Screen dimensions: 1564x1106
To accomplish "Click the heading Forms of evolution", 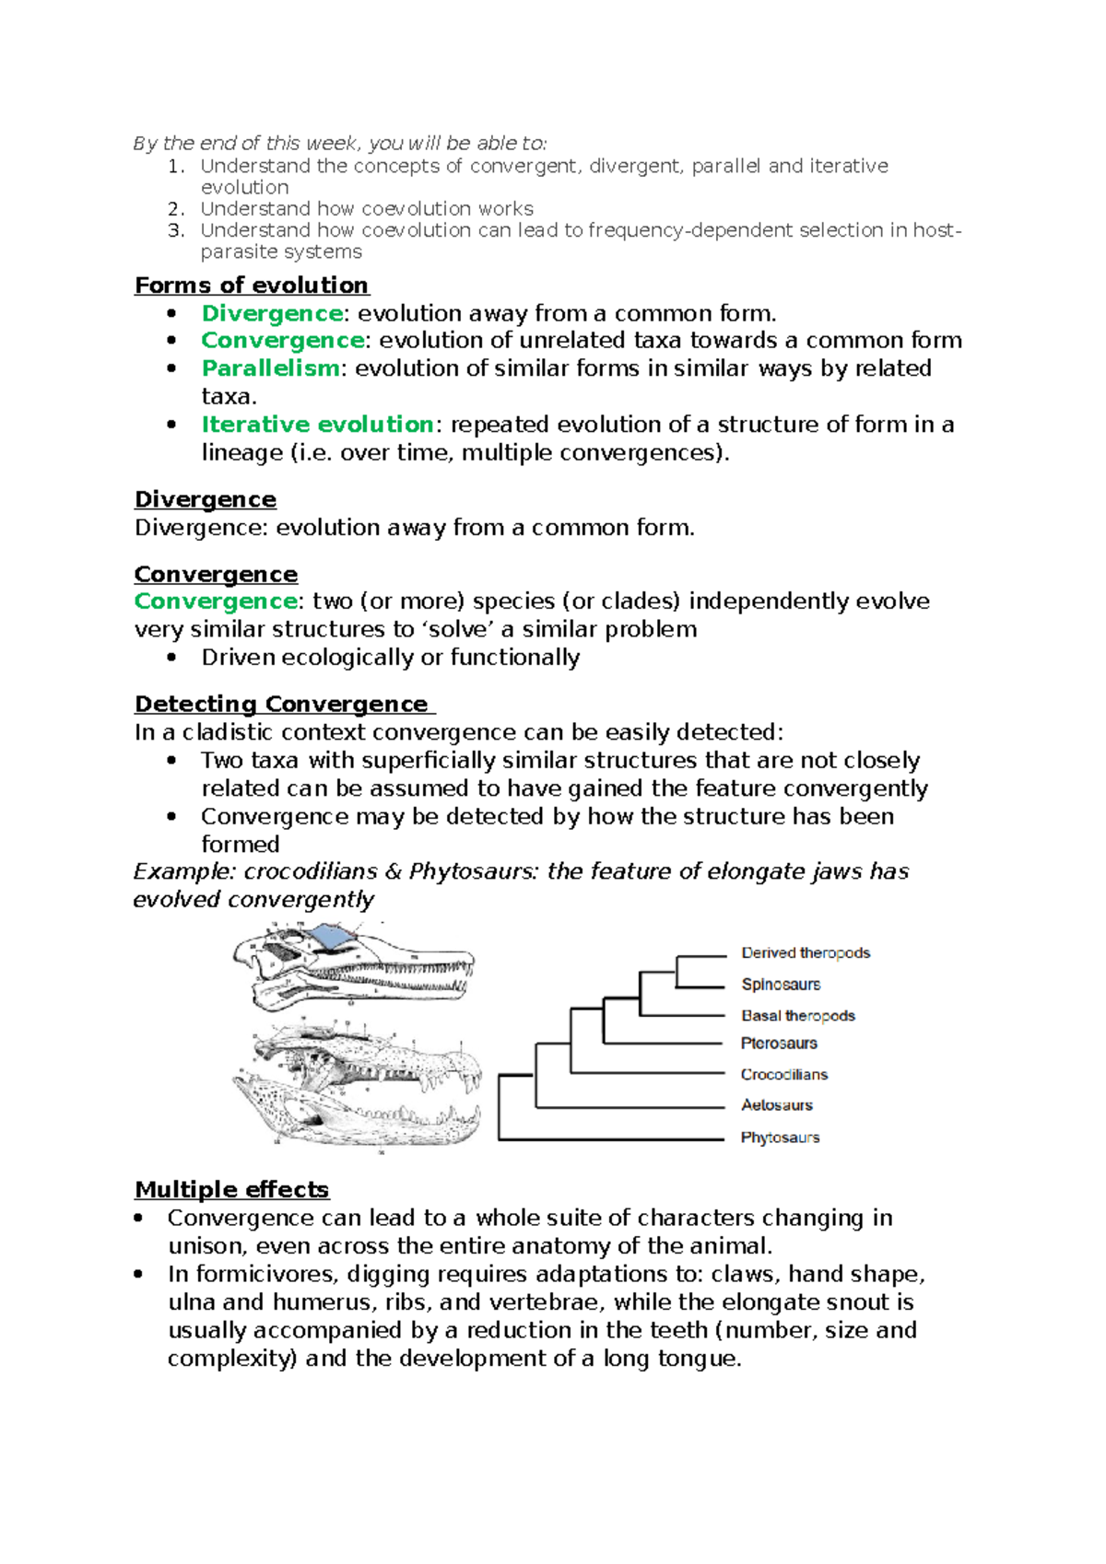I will click(252, 286).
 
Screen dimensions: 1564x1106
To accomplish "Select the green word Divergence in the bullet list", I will click(272, 314).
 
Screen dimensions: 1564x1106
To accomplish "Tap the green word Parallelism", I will click(270, 368).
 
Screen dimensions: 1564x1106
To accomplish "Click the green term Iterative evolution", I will click(317, 425).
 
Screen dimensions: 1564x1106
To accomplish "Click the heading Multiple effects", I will click(231, 1190).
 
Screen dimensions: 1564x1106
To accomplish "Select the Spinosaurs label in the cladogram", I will click(781, 985).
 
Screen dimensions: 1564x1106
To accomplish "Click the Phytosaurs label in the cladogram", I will click(780, 1138).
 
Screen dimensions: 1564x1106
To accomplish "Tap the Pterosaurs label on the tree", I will click(779, 1044).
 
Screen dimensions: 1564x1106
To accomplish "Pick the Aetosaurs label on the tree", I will click(777, 1105).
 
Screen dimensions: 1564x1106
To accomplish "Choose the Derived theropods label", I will click(806, 953).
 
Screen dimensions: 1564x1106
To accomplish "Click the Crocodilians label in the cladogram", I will click(784, 1075).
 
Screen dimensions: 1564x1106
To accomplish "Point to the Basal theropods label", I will click(798, 1016).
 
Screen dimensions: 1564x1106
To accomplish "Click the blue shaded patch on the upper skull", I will click(330, 939).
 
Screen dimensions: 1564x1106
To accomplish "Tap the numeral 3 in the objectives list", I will click(175, 230).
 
